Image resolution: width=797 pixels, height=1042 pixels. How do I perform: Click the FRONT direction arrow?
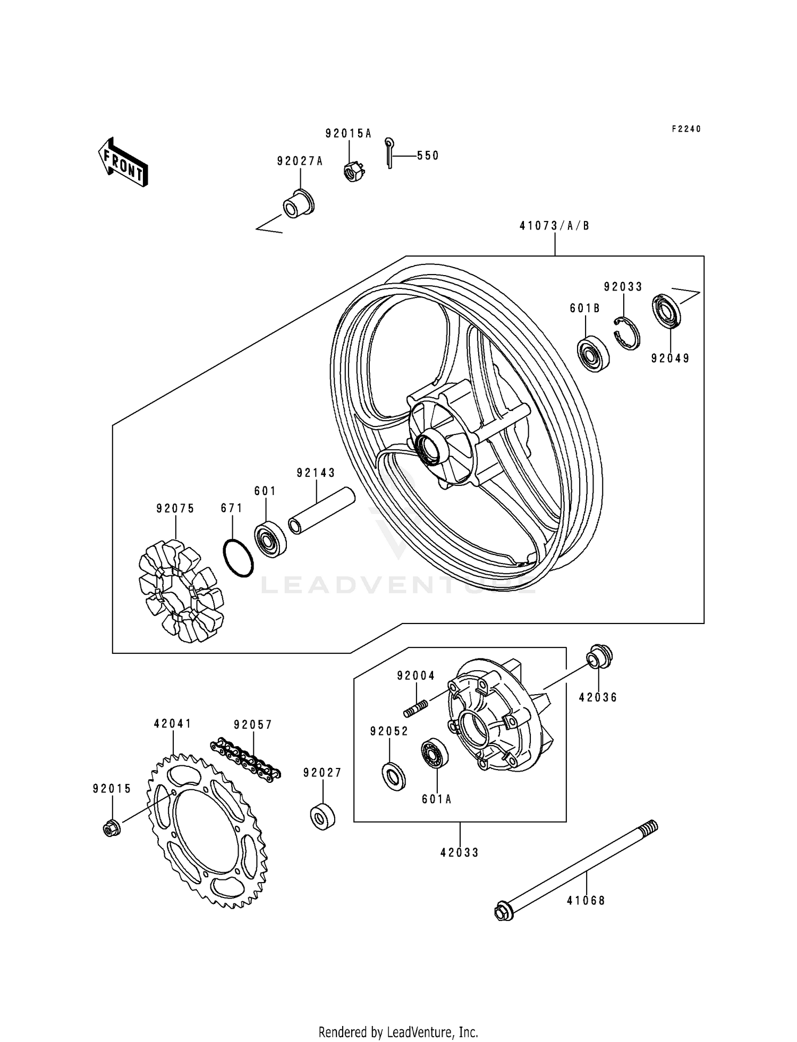pyautogui.click(x=122, y=161)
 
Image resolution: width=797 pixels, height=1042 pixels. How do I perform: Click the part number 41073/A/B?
pyautogui.click(x=554, y=226)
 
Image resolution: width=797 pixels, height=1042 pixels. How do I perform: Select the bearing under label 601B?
pyautogui.click(x=593, y=353)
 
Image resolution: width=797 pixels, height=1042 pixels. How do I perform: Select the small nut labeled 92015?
pyautogui.click(x=111, y=828)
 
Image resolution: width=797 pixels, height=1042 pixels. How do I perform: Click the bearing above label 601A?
pyautogui.click(x=434, y=754)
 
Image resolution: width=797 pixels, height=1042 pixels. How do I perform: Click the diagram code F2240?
pyautogui.click(x=686, y=129)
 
